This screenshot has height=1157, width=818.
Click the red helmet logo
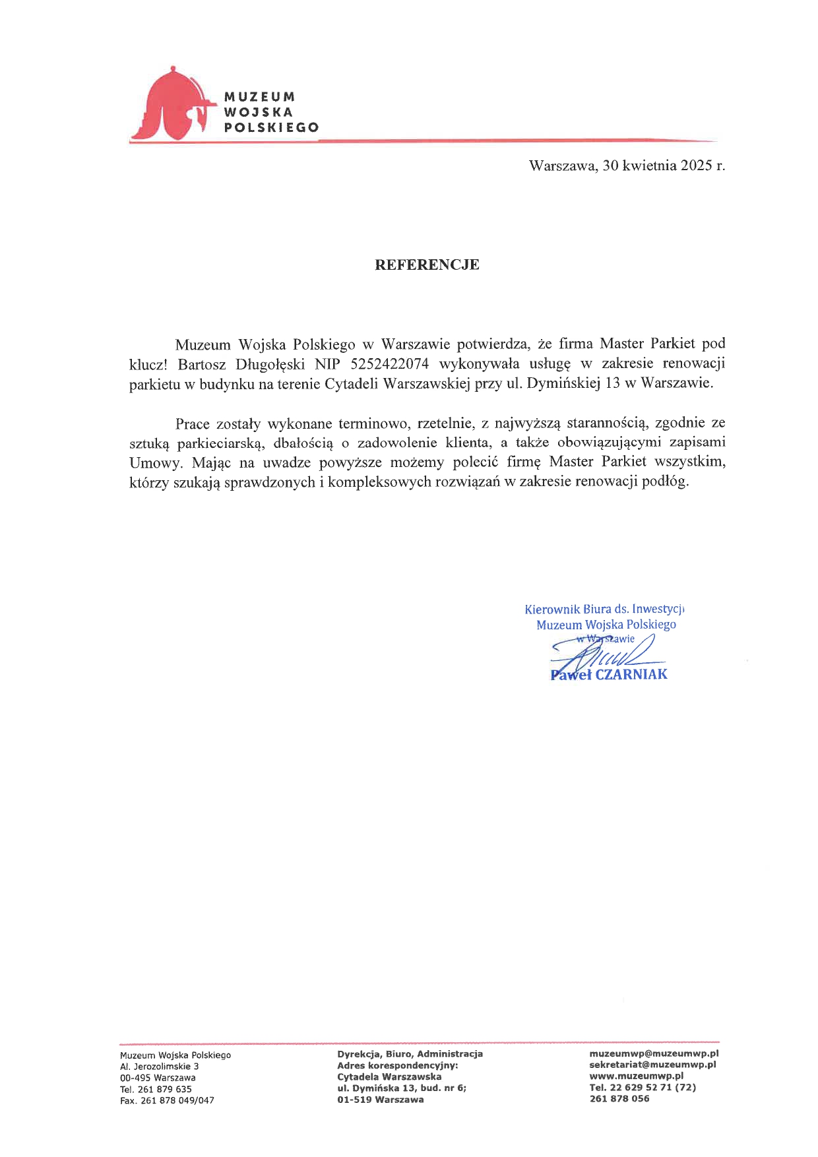[x=173, y=106]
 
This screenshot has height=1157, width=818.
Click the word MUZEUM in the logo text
[x=259, y=97]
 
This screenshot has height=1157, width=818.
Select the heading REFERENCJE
[x=427, y=265]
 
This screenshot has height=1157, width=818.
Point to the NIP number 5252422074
[x=390, y=363]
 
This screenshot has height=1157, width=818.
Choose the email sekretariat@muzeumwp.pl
[x=652, y=1064]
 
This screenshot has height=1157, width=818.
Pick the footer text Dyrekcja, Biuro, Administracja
[x=410, y=1053]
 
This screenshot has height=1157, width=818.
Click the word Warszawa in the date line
[x=563, y=166]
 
